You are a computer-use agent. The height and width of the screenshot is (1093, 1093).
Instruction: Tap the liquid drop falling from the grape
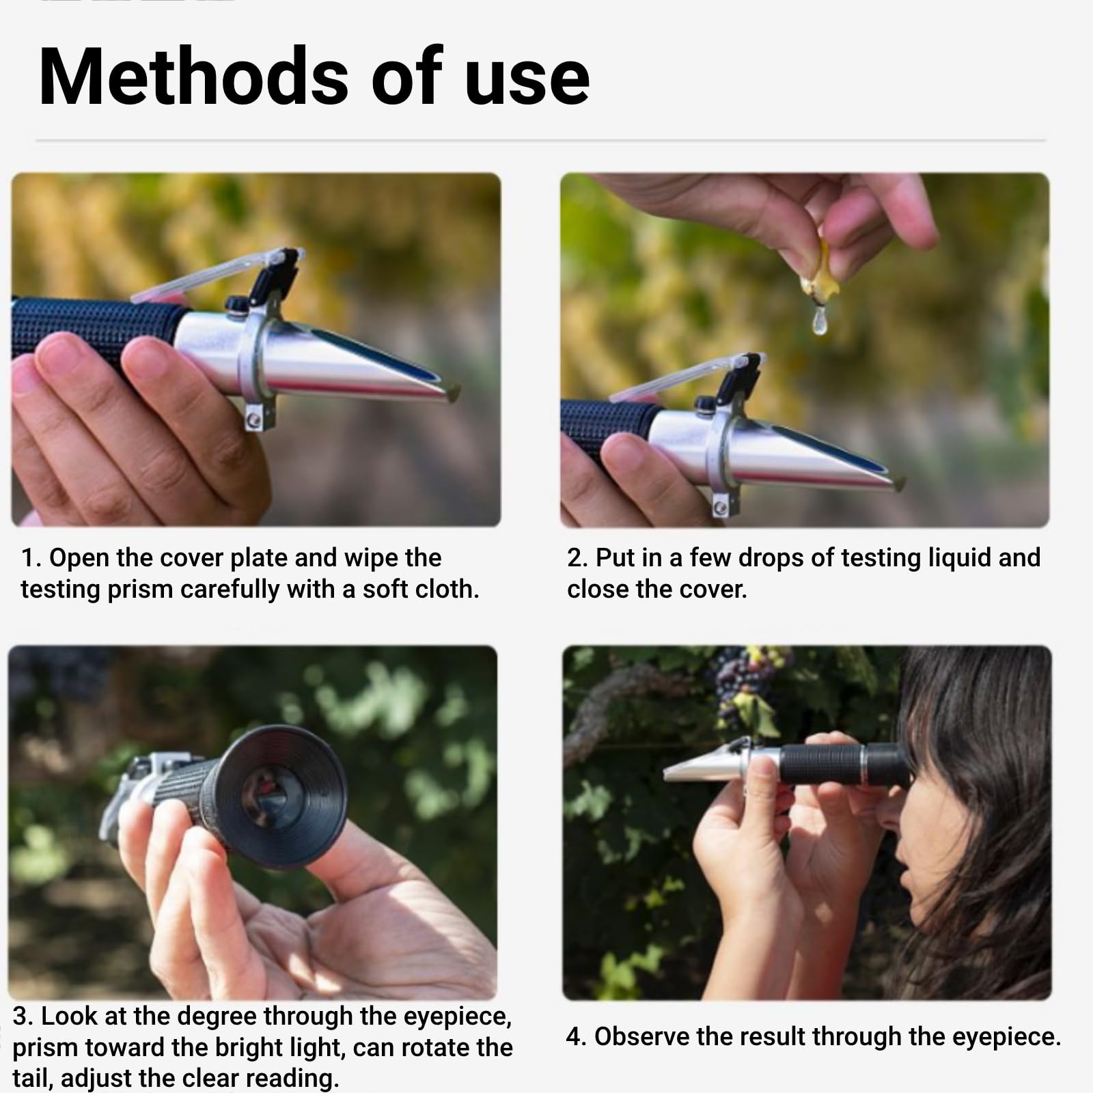pyautogui.click(x=819, y=321)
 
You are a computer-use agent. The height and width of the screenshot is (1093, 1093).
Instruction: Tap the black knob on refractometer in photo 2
pyautogui.click(x=705, y=405)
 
